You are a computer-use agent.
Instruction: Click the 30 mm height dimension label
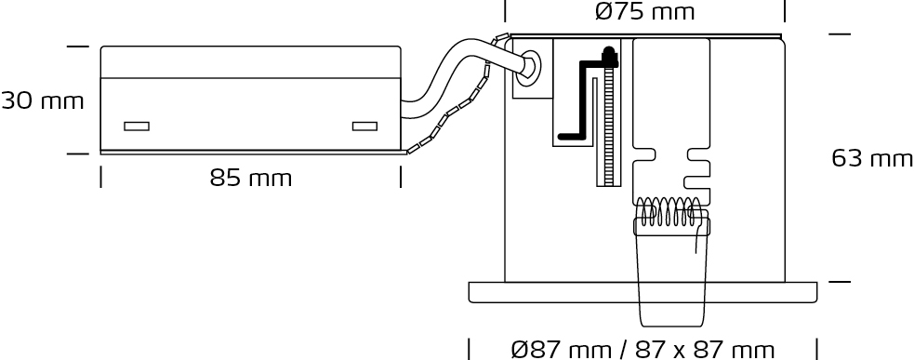43,101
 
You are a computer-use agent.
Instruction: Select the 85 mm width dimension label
251,178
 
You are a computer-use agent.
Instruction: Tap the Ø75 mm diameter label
645,12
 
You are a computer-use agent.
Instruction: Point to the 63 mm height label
872,158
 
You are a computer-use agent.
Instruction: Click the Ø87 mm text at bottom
562,350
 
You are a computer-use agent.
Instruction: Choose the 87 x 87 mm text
705,350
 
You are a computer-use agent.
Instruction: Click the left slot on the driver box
137,126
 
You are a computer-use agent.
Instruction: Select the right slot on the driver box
364,126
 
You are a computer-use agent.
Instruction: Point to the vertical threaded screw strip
609,126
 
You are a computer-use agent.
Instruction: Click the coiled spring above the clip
670,211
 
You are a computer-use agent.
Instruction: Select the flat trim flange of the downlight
642,292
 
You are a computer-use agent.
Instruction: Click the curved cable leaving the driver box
460,76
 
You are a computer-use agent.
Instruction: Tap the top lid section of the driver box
251,61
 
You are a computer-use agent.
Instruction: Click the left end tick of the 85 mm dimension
100,177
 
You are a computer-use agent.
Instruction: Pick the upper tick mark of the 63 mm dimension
840,34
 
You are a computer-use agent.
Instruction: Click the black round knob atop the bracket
609,56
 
